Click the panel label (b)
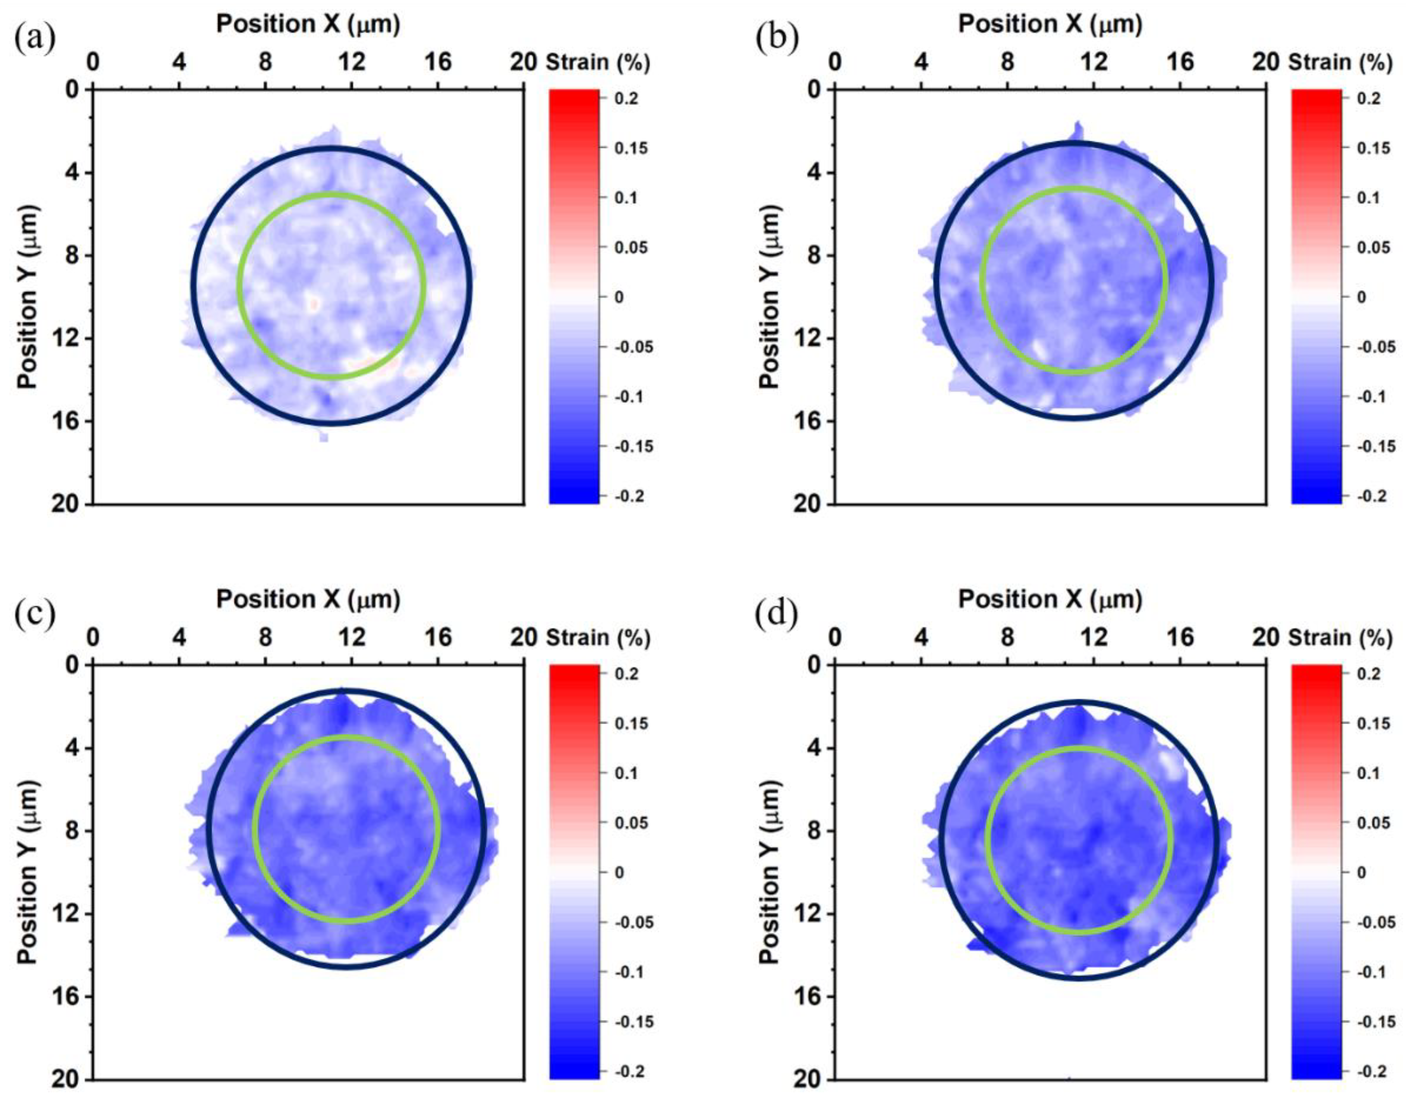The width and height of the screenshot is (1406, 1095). (x=777, y=40)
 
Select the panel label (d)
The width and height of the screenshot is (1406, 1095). (x=777, y=615)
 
